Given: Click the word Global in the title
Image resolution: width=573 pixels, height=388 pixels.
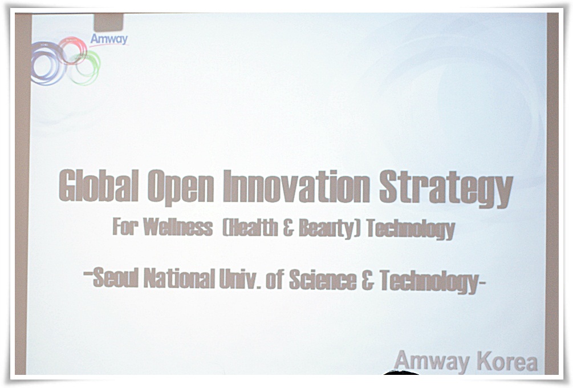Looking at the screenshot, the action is (99, 185).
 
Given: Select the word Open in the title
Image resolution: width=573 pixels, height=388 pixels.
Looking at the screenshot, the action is (181, 187).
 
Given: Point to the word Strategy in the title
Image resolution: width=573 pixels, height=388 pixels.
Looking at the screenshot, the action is (446, 189).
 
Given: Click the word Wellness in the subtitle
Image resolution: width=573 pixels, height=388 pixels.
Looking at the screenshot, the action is (177, 227).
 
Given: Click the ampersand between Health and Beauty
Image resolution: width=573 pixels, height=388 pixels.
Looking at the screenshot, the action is (288, 228).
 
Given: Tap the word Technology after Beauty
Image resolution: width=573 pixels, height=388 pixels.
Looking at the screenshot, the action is (411, 229).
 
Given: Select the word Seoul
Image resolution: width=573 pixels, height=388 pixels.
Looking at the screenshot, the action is (116, 277).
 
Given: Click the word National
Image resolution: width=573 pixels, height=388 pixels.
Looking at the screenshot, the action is (179, 278).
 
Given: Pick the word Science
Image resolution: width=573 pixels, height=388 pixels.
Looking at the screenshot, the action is (323, 281).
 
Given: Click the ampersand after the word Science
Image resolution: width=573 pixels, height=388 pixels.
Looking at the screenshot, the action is (368, 281).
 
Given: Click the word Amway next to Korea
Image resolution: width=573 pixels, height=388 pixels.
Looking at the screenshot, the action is (432, 361).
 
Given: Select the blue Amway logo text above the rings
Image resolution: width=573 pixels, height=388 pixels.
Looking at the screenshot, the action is (109, 39).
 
